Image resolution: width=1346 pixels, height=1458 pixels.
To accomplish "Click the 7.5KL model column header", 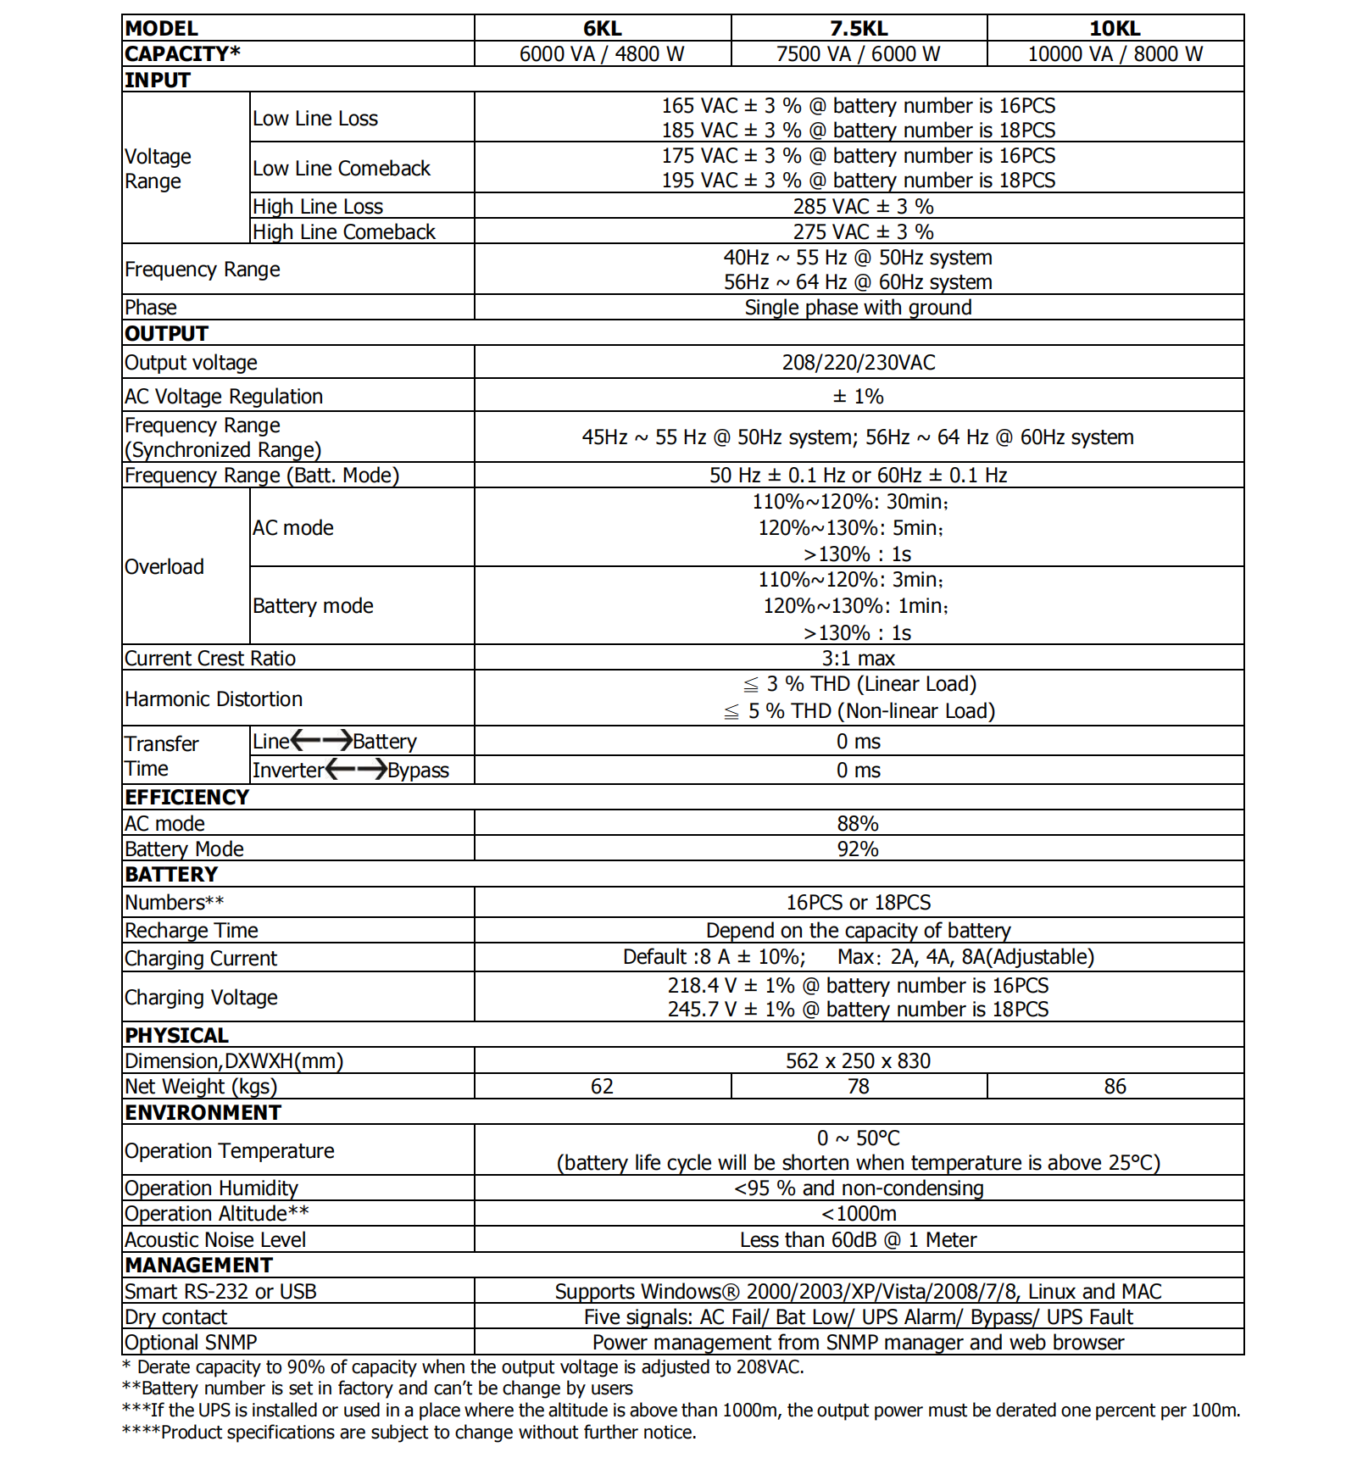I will tap(859, 28).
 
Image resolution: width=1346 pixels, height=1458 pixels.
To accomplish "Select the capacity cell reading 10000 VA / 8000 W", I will tap(1115, 54).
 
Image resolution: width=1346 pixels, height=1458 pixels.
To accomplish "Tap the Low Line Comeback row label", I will tap(342, 169).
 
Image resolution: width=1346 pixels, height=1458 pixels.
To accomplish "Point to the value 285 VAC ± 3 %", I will tap(863, 207).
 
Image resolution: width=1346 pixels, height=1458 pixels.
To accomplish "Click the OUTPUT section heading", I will tap(166, 333).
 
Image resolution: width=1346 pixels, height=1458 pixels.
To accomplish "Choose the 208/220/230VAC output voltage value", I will tap(859, 363).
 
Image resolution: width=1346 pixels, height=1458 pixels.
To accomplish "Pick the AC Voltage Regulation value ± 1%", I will tap(858, 397).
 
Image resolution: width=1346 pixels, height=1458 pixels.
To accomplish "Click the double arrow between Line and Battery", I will tap(321, 741).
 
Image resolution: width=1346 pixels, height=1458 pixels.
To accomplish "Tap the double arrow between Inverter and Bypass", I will tap(356, 770).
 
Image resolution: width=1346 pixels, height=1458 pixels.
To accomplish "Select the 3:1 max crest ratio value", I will tap(858, 659).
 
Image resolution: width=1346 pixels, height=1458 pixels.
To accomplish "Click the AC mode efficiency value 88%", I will tap(858, 824).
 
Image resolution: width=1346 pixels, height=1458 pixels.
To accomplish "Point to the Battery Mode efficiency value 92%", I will tap(858, 849).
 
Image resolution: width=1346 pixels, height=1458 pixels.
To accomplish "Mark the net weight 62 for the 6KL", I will tap(602, 1087).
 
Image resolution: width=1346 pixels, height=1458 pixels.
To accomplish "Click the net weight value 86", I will tap(1115, 1087).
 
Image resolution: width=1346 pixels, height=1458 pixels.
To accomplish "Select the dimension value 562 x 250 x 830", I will tap(858, 1061).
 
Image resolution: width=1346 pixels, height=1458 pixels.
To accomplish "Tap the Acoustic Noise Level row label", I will tap(215, 1240).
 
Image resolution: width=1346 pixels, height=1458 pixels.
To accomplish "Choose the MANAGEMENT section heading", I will tap(198, 1266).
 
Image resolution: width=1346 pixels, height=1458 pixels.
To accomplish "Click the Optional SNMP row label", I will tap(191, 1343).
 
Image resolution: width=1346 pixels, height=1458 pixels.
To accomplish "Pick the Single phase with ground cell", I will tap(858, 308).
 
